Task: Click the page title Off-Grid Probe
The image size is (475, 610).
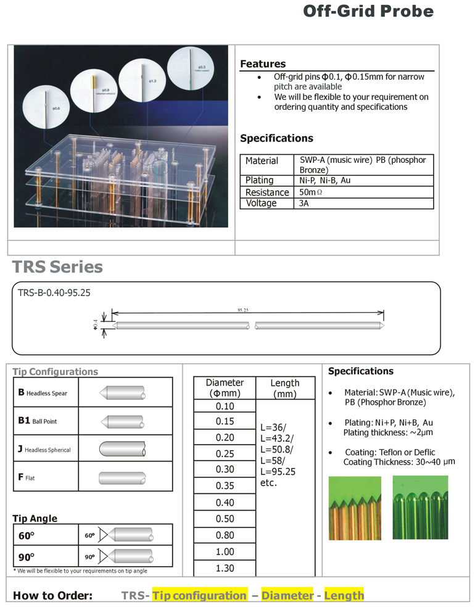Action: point(368,12)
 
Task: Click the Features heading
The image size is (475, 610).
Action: point(263,64)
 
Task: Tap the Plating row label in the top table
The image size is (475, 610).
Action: point(260,181)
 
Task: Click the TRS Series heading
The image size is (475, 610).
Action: point(57,267)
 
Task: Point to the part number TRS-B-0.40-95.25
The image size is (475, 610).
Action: point(55,293)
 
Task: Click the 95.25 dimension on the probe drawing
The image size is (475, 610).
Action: point(242,310)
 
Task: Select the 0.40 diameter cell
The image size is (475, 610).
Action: point(225,503)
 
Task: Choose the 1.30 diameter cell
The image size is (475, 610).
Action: point(225,568)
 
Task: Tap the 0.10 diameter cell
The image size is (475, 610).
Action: point(225,406)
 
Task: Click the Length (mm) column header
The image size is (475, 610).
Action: point(284,388)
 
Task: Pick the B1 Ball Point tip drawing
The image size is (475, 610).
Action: point(122,422)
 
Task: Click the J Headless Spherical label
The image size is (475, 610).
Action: point(44,450)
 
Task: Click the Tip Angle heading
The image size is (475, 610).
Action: point(35,519)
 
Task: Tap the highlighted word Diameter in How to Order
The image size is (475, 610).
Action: point(287,596)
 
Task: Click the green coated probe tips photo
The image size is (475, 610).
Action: point(420,508)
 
